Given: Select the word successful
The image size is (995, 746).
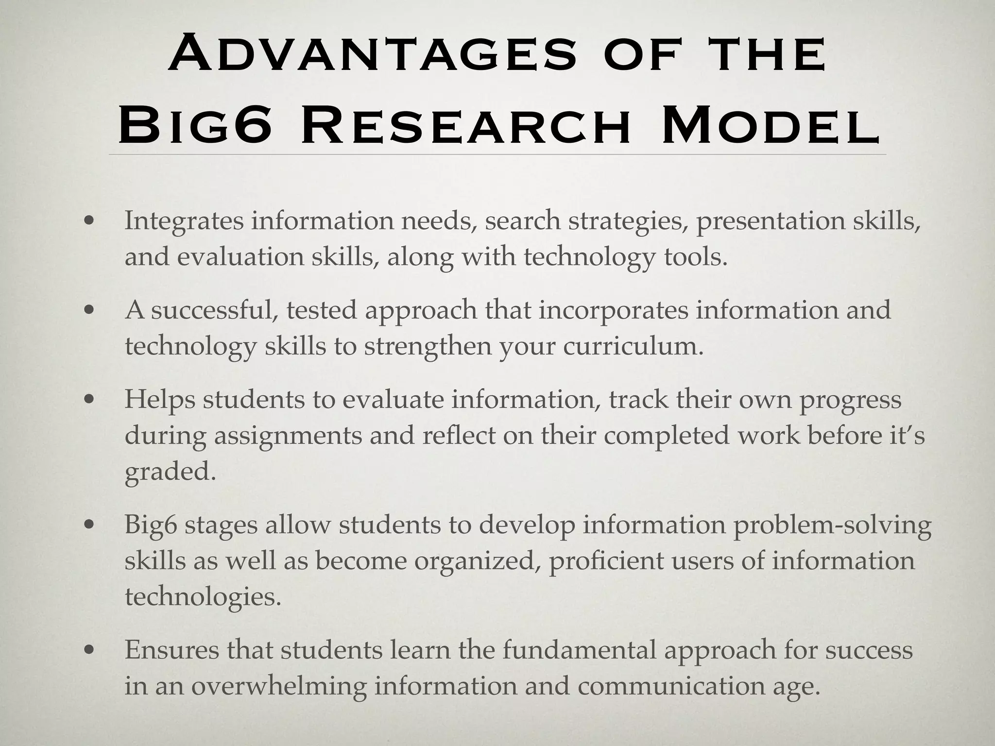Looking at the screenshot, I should [x=213, y=310].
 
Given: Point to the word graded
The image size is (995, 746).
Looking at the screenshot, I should [x=170, y=472].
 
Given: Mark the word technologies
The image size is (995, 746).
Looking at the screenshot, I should [x=203, y=597].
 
